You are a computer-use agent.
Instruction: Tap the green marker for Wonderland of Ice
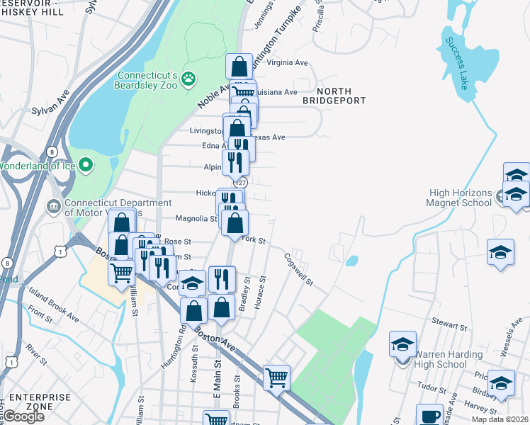coord(86,166)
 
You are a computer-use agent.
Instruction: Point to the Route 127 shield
coord(242,181)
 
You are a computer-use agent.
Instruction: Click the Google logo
coord(23,416)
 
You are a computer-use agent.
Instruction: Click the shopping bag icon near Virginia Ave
coord(239,67)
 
